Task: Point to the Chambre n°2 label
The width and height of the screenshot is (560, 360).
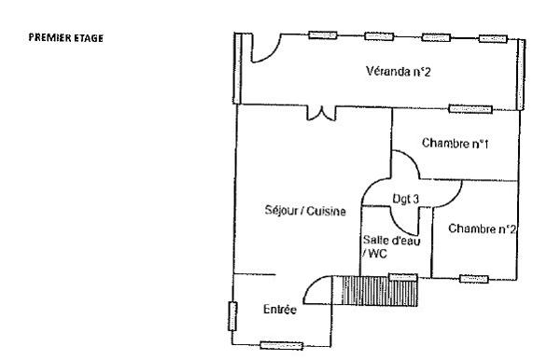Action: coord(482,228)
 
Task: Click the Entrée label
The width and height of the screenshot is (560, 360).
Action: coord(280,309)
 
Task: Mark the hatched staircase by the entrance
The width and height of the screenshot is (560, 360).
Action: coord(378,291)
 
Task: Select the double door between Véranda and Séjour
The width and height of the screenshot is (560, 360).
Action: coord(321,113)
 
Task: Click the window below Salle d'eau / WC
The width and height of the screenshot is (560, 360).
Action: coord(403,276)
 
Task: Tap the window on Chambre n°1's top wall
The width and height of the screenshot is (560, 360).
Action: coord(469,108)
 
